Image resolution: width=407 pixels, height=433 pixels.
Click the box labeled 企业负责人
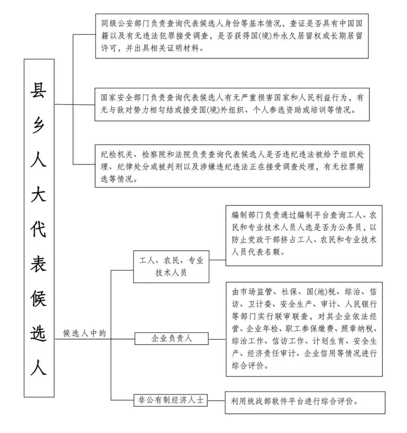tap(172, 338)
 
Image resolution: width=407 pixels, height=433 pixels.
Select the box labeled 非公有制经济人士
tap(171, 400)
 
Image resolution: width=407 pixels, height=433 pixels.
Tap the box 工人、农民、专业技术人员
tap(171, 266)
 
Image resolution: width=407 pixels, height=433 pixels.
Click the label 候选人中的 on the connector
tap(85, 333)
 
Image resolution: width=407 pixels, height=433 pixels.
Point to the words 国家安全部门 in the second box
tap(121, 98)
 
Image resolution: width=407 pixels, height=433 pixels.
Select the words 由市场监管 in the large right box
tap(249, 292)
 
